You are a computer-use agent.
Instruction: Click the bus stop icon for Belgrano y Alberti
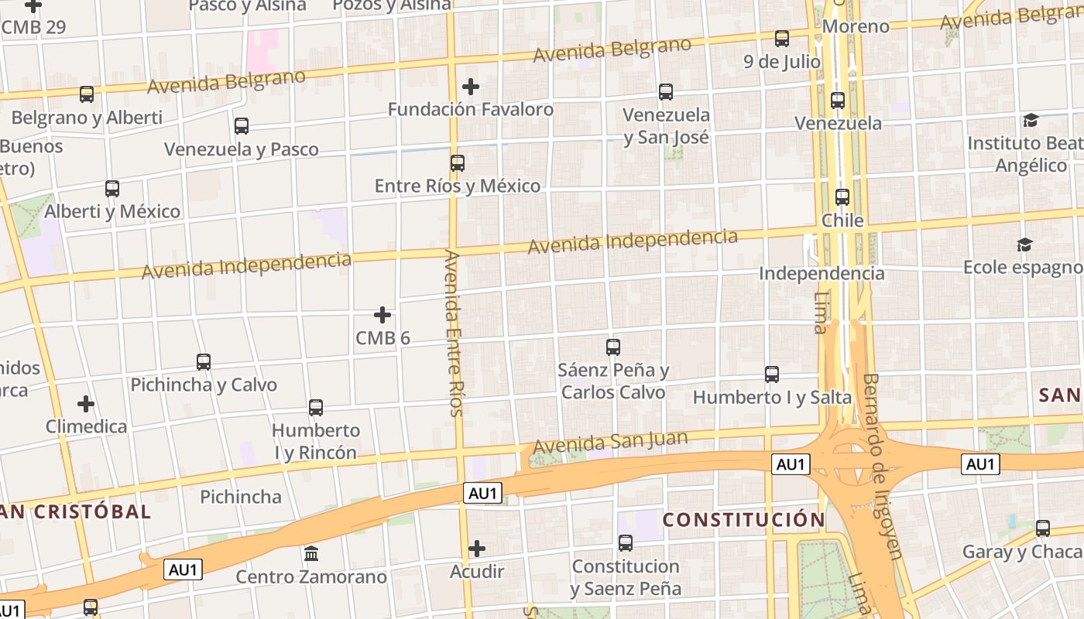click(x=87, y=94)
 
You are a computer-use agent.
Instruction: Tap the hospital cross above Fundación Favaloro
click(x=470, y=87)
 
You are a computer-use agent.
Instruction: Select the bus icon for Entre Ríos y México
click(x=458, y=163)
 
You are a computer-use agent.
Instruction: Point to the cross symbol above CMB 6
click(x=382, y=315)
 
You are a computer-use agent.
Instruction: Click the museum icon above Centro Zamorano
click(x=311, y=554)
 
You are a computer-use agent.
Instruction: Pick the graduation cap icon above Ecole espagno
click(x=1024, y=245)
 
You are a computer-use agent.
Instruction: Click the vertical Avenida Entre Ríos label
click(x=455, y=333)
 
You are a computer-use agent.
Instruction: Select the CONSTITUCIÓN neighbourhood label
click(x=744, y=519)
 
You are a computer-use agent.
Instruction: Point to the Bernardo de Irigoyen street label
click(x=883, y=466)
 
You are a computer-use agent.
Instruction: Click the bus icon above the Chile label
click(x=842, y=197)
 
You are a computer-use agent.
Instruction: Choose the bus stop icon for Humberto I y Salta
click(x=772, y=374)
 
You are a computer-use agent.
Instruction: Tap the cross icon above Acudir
click(x=477, y=549)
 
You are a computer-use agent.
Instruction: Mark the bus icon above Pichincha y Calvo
click(x=204, y=361)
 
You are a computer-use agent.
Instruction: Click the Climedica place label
click(x=86, y=426)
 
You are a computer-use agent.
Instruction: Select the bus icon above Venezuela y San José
click(x=666, y=92)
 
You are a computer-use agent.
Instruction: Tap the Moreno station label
click(x=856, y=26)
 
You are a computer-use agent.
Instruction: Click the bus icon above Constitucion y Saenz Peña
click(x=626, y=543)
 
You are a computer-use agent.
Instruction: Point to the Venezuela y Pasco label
click(x=242, y=149)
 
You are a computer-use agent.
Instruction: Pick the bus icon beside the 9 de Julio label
click(x=782, y=38)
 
